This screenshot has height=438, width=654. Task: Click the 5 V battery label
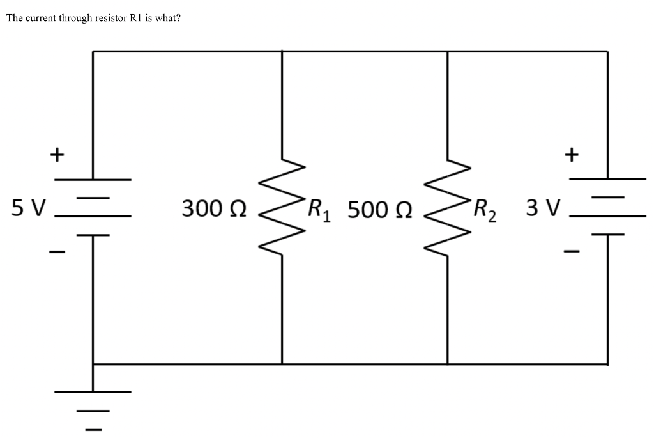[x=29, y=207]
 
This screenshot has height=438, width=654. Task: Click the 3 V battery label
[x=544, y=207]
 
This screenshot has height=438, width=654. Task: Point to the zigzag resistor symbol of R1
[x=282, y=208]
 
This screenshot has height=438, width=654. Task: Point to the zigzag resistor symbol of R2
[x=447, y=208]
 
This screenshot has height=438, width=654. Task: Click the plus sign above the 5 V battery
[x=57, y=154]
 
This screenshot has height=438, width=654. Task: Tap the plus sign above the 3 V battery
[x=572, y=154]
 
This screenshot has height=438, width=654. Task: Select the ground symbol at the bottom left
[x=93, y=403]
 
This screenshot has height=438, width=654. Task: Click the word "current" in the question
[x=40, y=18]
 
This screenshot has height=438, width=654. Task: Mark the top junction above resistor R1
[x=282, y=51]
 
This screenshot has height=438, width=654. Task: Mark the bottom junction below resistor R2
[x=447, y=364]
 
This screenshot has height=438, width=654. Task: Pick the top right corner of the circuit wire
[x=607, y=51]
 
